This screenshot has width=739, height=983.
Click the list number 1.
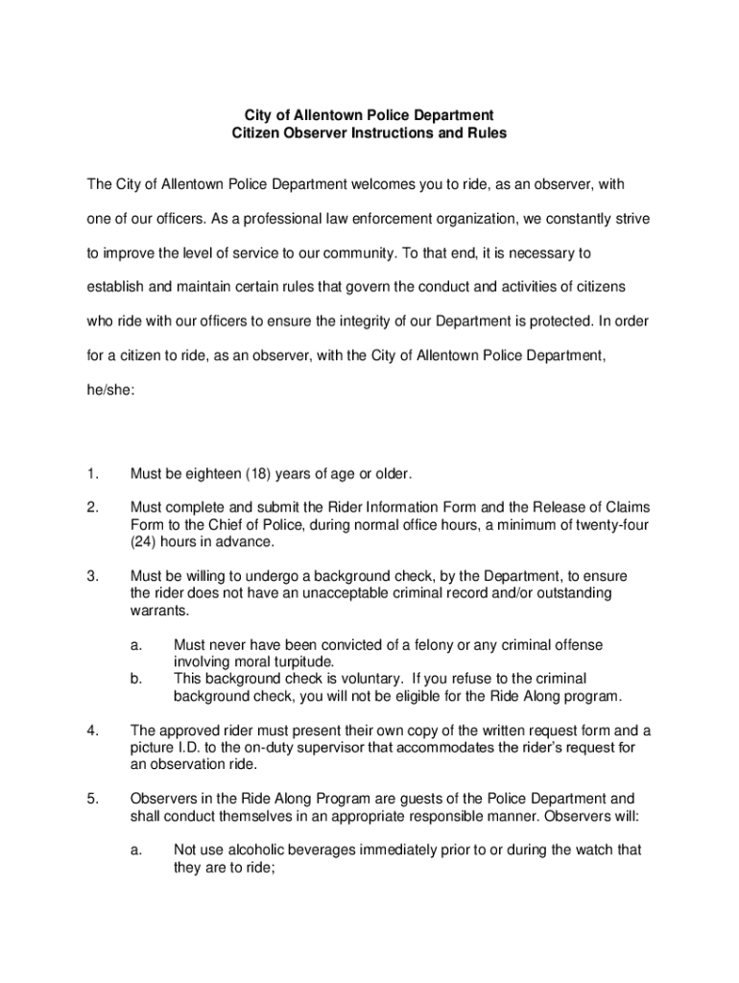pos(92,473)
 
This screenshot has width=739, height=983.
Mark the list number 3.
pos(92,576)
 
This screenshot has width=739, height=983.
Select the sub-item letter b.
pos(137,679)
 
